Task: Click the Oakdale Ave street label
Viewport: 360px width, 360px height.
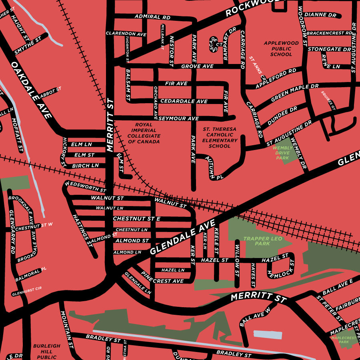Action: [32, 90]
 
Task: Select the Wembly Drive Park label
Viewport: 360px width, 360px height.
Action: [283, 153]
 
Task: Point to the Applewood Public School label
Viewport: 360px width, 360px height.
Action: [281, 48]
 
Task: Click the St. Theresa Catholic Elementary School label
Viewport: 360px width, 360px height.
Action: [220, 138]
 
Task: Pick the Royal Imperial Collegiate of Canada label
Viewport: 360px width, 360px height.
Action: [144, 133]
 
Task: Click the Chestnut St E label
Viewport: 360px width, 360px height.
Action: [136, 219]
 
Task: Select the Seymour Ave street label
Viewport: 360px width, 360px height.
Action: [178, 118]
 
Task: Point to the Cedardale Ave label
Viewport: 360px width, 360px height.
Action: [184, 101]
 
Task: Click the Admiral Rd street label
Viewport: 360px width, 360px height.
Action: [152, 17]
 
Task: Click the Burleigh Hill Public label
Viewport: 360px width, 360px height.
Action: [46, 351]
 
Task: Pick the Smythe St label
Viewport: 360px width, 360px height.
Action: [28, 46]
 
